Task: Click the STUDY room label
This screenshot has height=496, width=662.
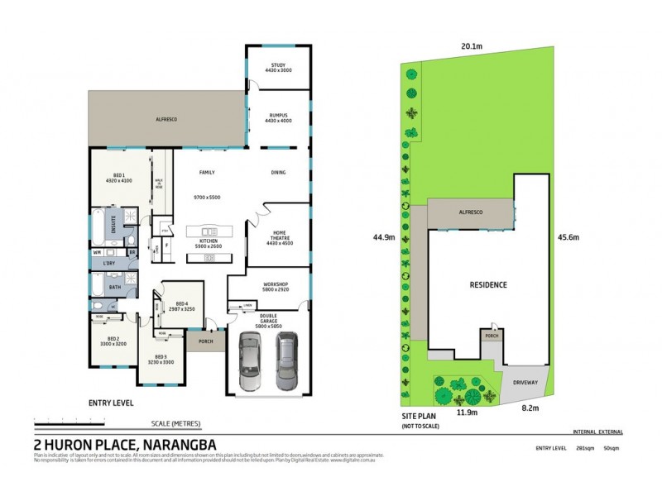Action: pyautogui.click(x=279, y=69)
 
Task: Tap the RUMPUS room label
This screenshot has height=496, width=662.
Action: pyautogui.click(x=279, y=117)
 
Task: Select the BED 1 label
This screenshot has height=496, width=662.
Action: pyautogui.click(x=119, y=177)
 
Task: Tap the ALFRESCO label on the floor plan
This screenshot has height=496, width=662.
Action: pyautogui.click(x=166, y=120)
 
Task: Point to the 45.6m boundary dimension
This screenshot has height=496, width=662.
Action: pyautogui.click(x=568, y=237)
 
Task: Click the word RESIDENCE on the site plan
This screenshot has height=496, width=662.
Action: pyautogui.click(x=488, y=285)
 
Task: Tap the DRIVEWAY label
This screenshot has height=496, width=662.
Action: pyautogui.click(x=526, y=382)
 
